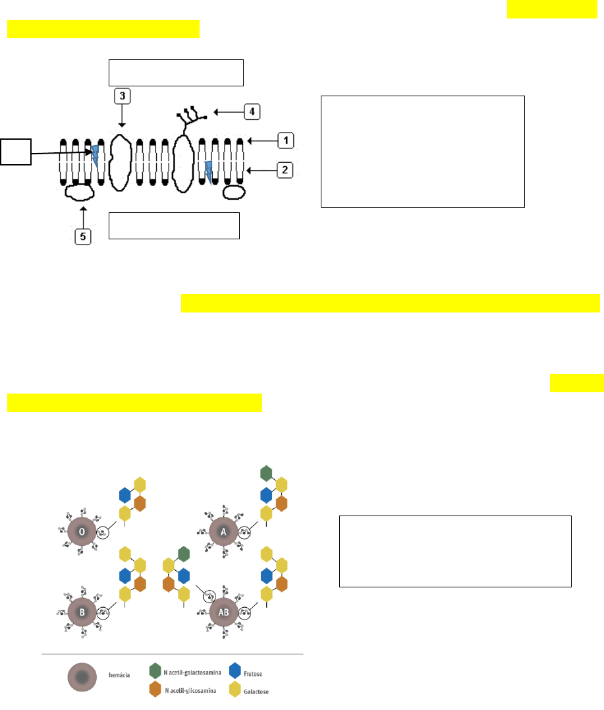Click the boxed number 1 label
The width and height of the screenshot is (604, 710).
(285, 140)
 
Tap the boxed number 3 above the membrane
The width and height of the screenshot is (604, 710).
(123, 96)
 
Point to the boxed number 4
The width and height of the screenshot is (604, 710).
(251, 111)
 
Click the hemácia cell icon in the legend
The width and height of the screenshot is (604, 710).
(82, 681)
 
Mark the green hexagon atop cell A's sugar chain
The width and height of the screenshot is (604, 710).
(266, 473)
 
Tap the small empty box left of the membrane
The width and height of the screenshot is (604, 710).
(16, 153)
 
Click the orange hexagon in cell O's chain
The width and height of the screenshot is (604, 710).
(140, 504)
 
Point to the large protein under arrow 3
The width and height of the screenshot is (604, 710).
(121, 162)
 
